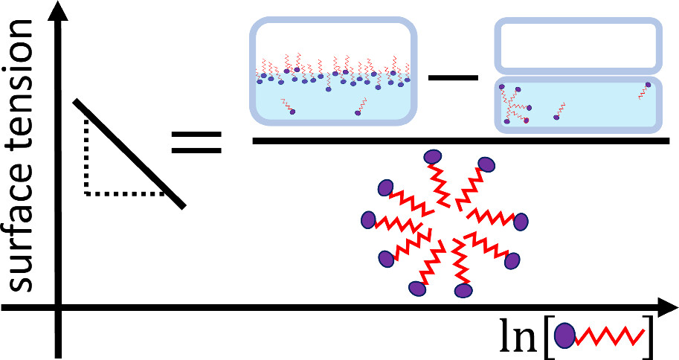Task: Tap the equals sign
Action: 197,142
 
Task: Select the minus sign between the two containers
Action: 454,75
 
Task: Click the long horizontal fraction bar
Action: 460,139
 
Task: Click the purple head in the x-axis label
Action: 566,336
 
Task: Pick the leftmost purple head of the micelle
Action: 368,220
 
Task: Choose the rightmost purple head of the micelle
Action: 521,222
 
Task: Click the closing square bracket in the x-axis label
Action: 648,336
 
